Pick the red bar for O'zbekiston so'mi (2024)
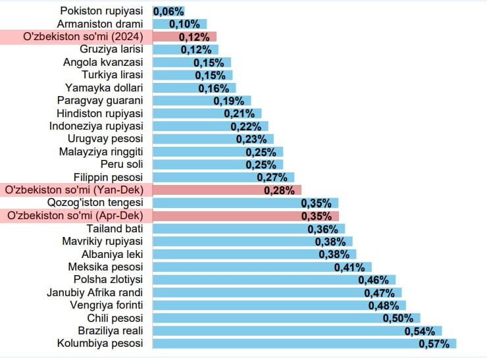click(184, 37)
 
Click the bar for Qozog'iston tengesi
click(245, 203)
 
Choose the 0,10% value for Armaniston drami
click(182, 24)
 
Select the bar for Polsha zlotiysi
click(274, 280)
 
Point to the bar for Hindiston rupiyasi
click(207, 113)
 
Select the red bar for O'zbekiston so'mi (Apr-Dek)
click(245, 216)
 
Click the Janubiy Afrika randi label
click(95, 292)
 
